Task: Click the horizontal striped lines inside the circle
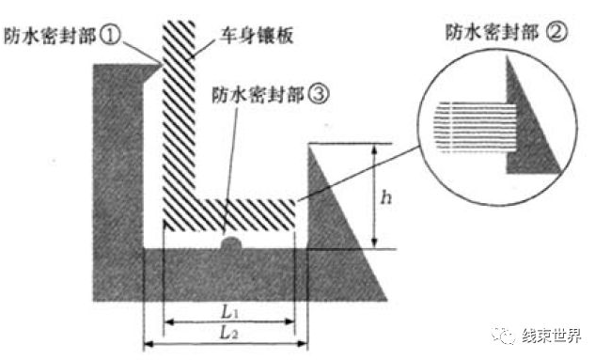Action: [475, 127]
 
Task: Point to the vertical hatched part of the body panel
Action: [178, 122]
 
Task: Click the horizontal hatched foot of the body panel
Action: [235, 214]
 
